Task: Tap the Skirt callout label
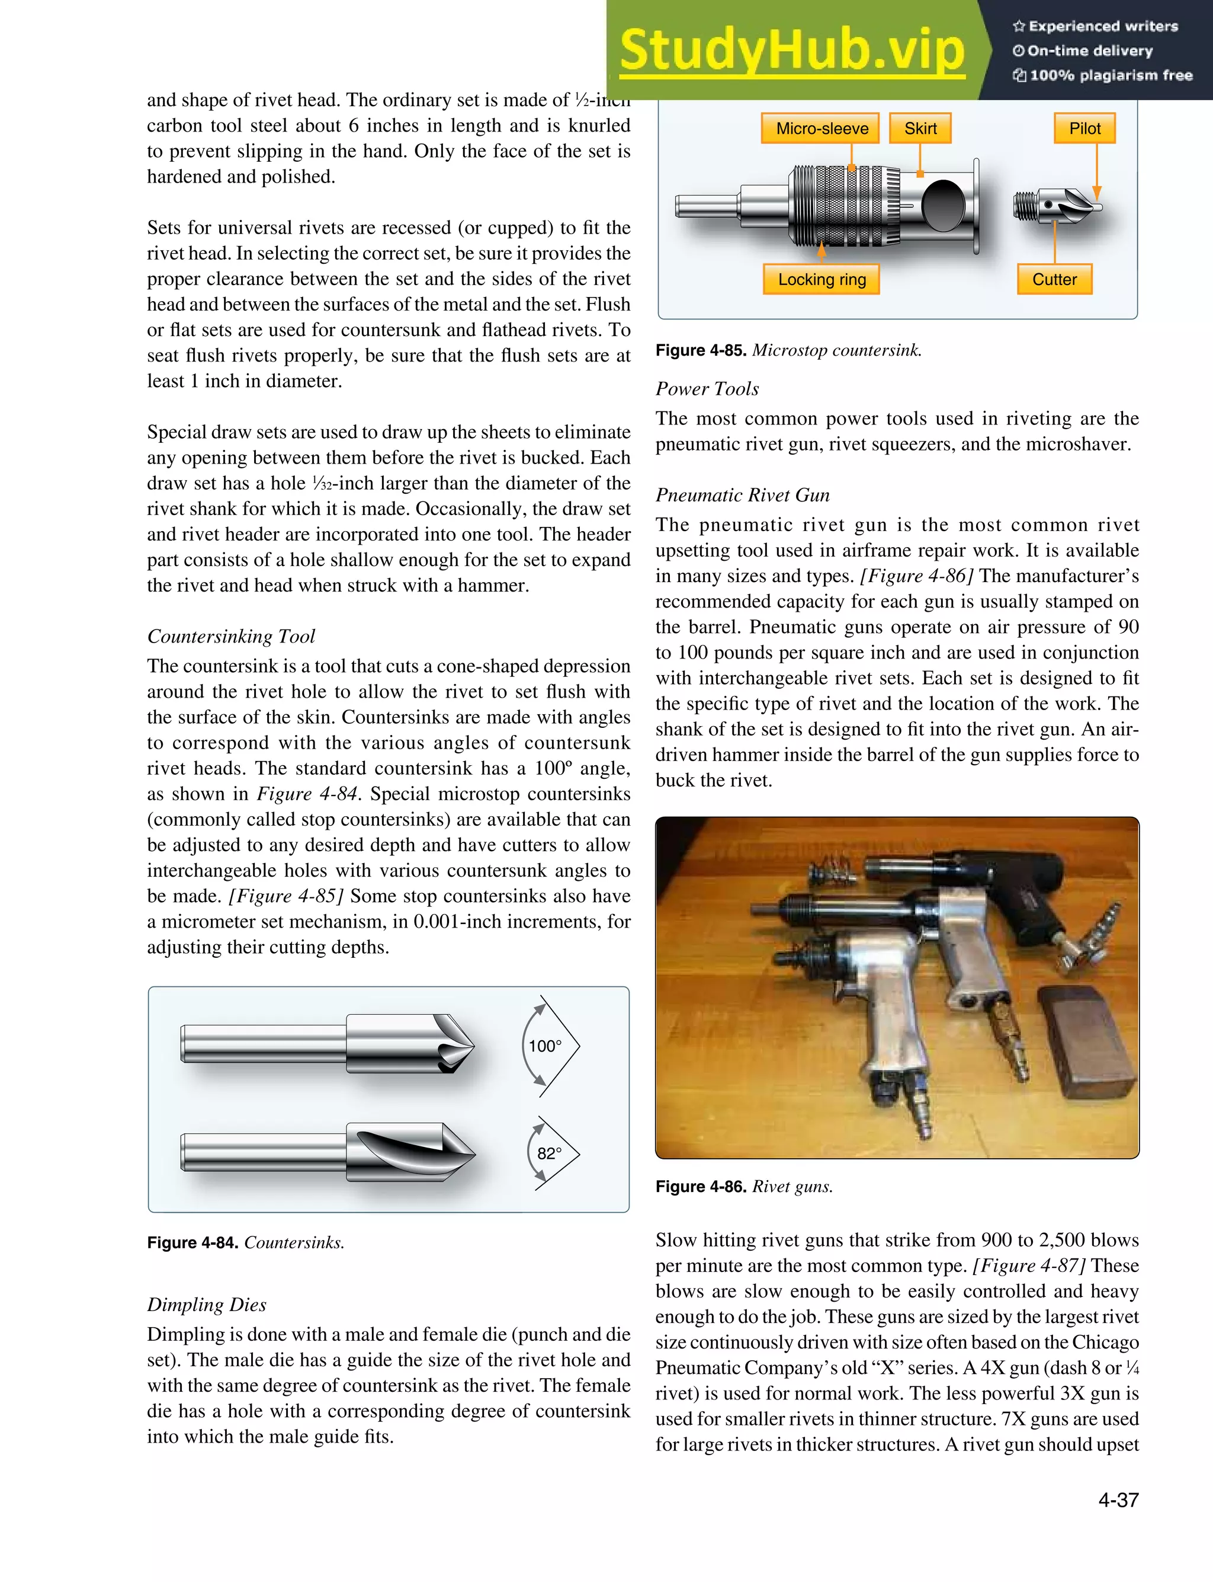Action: pos(920,129)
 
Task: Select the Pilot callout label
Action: pos(1084,129)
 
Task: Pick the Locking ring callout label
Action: pos(821,280)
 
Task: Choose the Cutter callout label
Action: pos(1054,280)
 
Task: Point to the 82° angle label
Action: pos(548,1153)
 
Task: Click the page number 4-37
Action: pos(1118,1500)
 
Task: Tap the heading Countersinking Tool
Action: pos(231,637)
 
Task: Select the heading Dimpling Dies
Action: pos(207,1304)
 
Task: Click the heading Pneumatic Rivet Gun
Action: pos(742,495)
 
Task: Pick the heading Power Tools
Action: pos(707,389)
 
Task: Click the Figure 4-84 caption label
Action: pos(192,1242)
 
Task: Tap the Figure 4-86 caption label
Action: pos(700,1186)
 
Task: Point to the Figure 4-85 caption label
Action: pos(700,350)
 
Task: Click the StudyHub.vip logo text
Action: pos(792,50)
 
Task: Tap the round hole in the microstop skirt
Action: pos(943,206)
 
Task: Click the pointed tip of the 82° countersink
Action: pos(473,1153)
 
